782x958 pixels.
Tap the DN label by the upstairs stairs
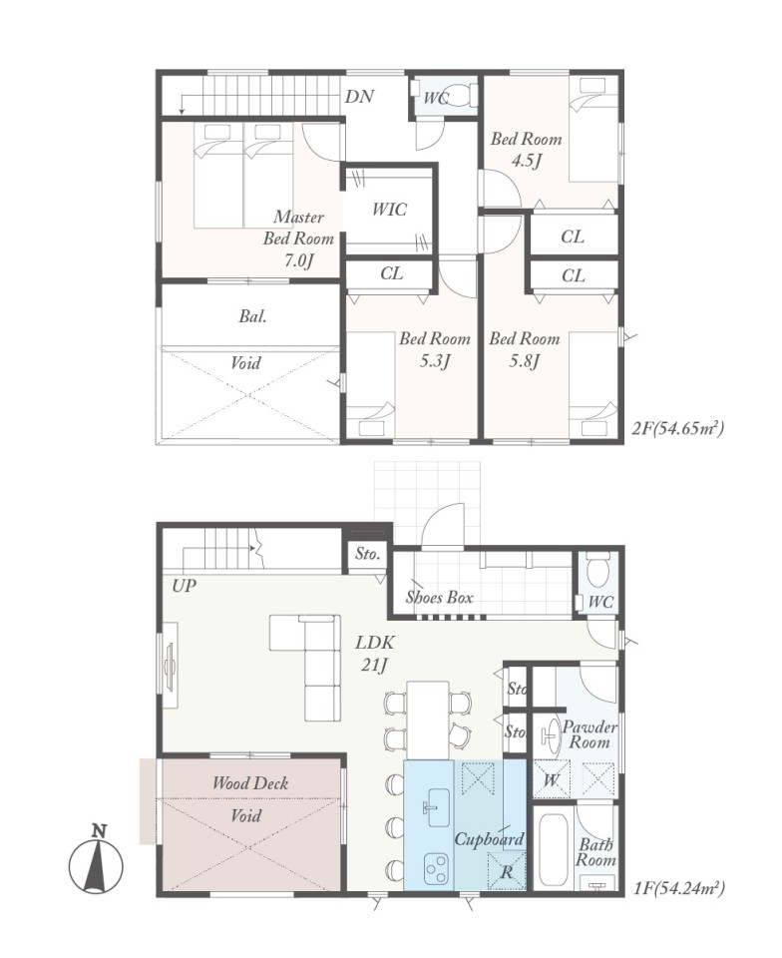[x=359, y=97]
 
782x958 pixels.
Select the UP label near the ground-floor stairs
[x=184, y=586]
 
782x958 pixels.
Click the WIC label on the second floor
[x=389, y=210]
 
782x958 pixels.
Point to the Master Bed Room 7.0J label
[x=298, y=239]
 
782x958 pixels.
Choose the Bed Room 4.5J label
[x=527, y=149]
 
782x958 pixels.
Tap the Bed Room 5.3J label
[x=435, y=349]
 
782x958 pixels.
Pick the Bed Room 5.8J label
[x=525, y=349]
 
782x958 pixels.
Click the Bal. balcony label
[x=252, y=316]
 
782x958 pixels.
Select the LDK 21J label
[x=375, y=653]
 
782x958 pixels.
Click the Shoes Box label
[x=440, y=597]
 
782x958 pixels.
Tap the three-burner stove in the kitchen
[x=437, y=867]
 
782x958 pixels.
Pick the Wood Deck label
[x=250, y=783]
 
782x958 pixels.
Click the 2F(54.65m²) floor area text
[x=677, y=428]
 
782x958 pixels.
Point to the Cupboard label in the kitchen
[x=489, y=839]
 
